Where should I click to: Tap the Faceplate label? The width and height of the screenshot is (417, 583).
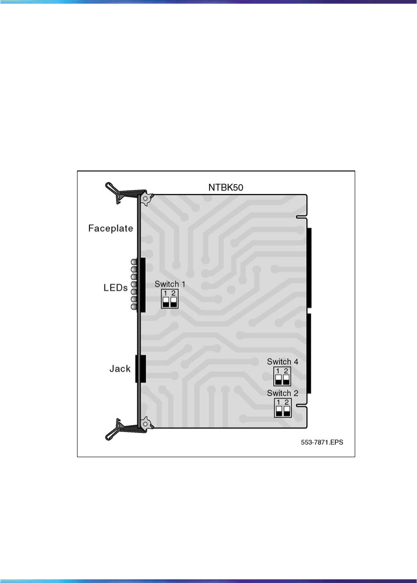(110, 228)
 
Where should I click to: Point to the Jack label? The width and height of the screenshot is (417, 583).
(120, 369)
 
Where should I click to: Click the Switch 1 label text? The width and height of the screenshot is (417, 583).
(169, 283)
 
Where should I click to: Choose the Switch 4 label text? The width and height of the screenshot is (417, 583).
(282, 362)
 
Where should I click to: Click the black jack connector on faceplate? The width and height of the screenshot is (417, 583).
(140, 369)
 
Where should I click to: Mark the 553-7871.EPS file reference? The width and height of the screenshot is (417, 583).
(322, 442)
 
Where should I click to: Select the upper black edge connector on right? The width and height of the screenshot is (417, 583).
(309, 267)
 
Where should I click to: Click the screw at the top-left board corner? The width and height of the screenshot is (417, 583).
(145, 199)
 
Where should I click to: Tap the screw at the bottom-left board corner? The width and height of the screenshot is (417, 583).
(145, 421)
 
